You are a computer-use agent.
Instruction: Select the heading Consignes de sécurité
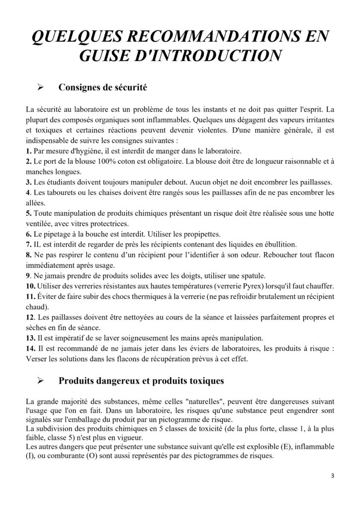pyautogui.click(x=102, y=88)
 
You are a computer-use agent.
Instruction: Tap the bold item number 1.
pyautogui.click(x=28, y=150)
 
